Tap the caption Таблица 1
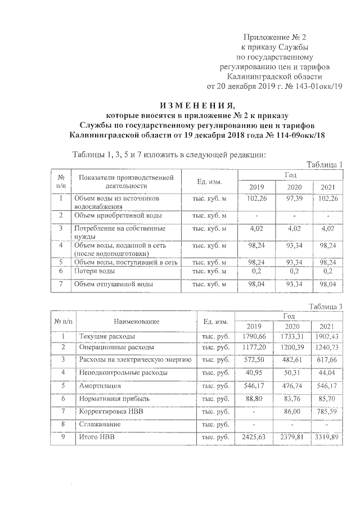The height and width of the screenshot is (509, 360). [x=324, y=164]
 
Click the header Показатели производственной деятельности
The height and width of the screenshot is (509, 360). [x=125, y=181]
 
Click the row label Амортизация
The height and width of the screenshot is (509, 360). [x=100, y=386]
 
